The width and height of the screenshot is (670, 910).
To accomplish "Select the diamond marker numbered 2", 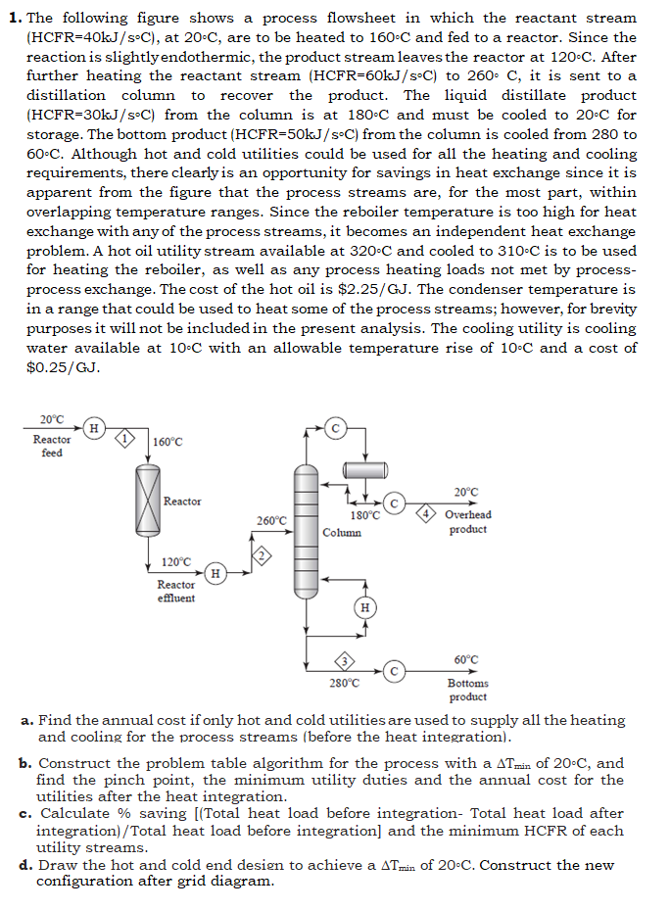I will pyautogui.click(x=263, y=555).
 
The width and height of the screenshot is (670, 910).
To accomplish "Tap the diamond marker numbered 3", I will pyautogui.click(x=344, y=658).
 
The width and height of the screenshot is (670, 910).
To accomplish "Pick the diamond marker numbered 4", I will pyautogui.click(x=426, y=514).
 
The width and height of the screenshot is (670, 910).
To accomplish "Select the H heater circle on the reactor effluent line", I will pyautogui.click(x=215, y=572).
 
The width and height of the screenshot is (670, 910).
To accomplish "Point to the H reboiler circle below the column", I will pyautogui.click(x=364, y=607).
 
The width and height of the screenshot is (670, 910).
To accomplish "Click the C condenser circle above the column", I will pyautogui.click(x=336, y=428).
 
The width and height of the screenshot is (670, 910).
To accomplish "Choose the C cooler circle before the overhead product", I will pyautogui.click(x=395, y=503).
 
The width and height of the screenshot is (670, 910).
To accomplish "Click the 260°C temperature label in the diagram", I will pyautogui.click(x=271, y=521).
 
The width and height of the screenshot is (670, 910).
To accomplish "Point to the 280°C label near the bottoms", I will pyautogui.click(x=344, y=683).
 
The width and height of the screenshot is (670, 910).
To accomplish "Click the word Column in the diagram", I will pyautogui.click(x=342, y=533).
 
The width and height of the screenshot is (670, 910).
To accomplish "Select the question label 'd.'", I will pyautogui.click(x=26, y=865).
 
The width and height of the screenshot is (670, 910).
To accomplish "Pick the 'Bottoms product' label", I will pyautogui.click(x=467, y=691).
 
